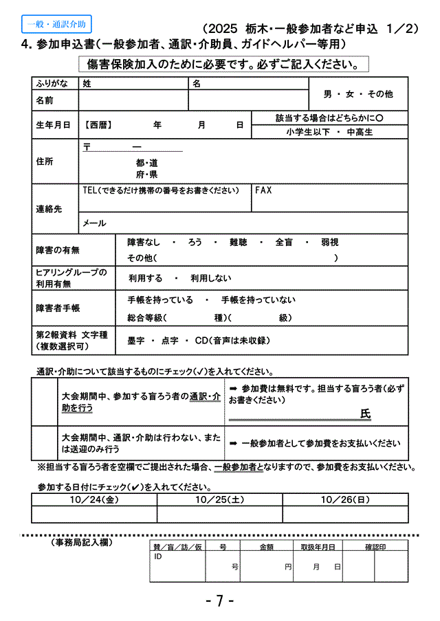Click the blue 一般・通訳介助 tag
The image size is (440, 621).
[56, 24]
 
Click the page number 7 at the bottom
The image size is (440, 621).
[220, 600]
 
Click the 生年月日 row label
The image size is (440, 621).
[53, 126]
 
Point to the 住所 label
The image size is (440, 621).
[45, 161]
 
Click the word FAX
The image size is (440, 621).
[263, 190]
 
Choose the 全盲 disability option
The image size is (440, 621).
[284, 242]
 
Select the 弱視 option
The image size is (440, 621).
[329, 242]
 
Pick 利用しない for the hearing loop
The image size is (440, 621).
[209, 278]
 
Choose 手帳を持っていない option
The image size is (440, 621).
[258, 300]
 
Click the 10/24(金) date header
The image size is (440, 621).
[94, 499]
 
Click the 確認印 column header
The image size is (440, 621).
[375, 547]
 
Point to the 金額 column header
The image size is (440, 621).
[266, 547]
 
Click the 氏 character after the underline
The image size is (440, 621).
[365, 414]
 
